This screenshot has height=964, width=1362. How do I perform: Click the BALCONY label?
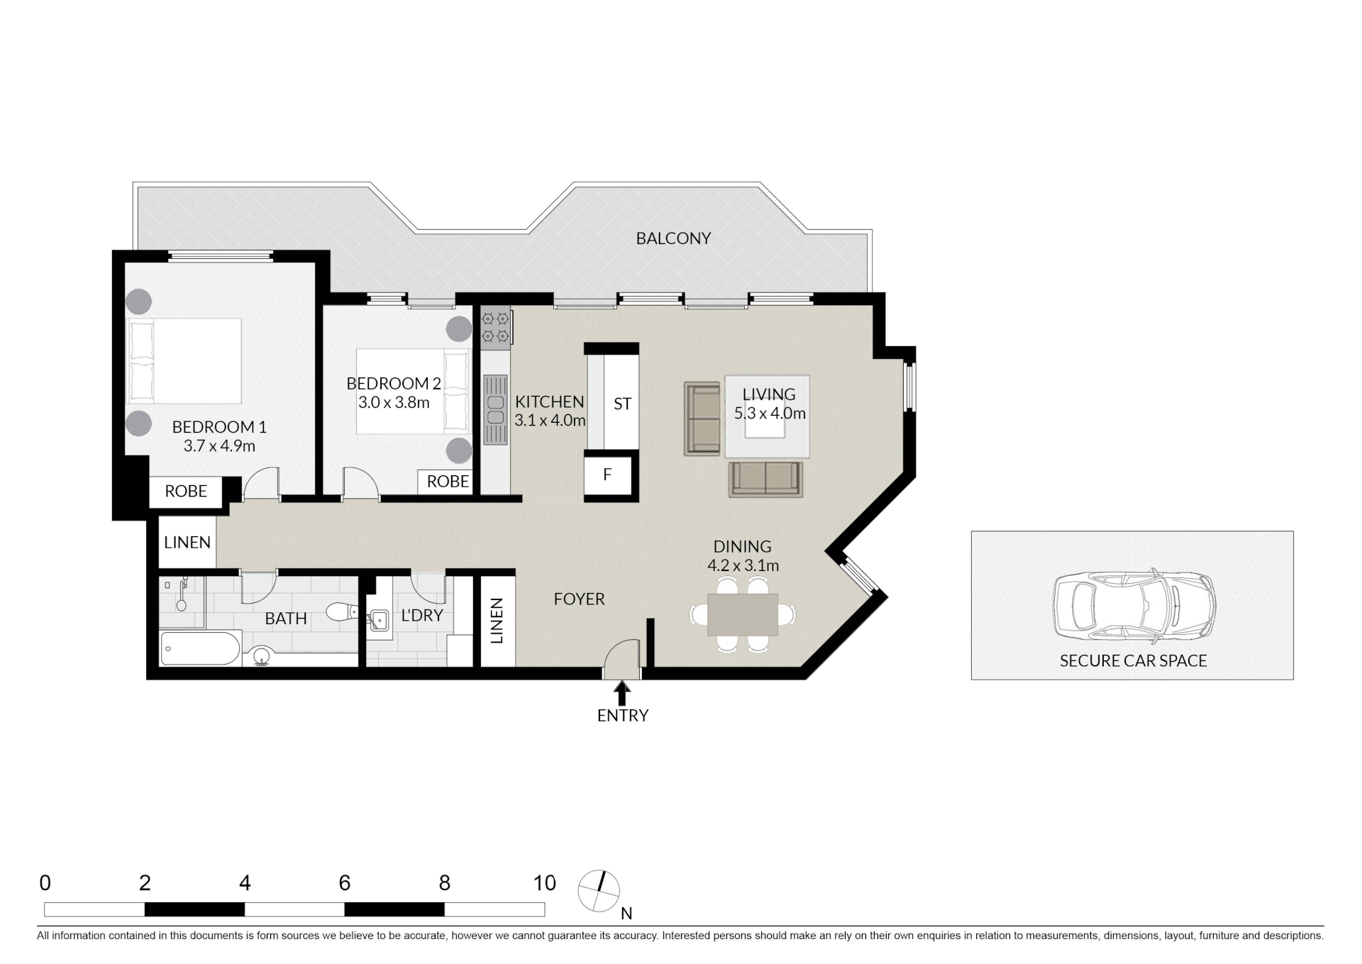[x=673, y=238]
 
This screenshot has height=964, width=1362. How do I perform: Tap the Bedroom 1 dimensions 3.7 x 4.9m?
[x=219, y=446]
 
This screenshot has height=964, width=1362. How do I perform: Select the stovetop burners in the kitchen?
[x=496, y=327]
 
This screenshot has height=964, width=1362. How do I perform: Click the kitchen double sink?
[x=496, y=410]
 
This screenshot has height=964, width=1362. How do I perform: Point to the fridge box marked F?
[x=607, y=475]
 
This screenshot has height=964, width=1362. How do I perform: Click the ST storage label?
[x=622, y=404]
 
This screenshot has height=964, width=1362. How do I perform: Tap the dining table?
[x=743, y=614]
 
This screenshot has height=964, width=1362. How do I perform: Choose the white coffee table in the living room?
[x=767, y=416]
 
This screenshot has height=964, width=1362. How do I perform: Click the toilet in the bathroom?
[x=343, y=611]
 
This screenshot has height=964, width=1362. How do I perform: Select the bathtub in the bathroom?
[x=201, y=648]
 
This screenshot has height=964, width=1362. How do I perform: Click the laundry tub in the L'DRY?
[x=379, y=621]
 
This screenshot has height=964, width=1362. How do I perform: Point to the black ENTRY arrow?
[x=622, y=692]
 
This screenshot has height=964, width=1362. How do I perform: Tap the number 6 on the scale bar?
[x=345, y=883]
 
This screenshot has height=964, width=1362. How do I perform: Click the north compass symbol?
[x=599, y=891]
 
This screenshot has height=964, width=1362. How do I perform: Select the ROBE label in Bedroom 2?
[x=448, y=482]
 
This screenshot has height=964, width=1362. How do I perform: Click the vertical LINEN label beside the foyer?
[x=497, y=621]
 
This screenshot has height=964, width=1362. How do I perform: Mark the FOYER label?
[x=580, y=599]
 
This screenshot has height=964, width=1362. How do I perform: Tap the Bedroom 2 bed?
[x=414, y=391]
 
